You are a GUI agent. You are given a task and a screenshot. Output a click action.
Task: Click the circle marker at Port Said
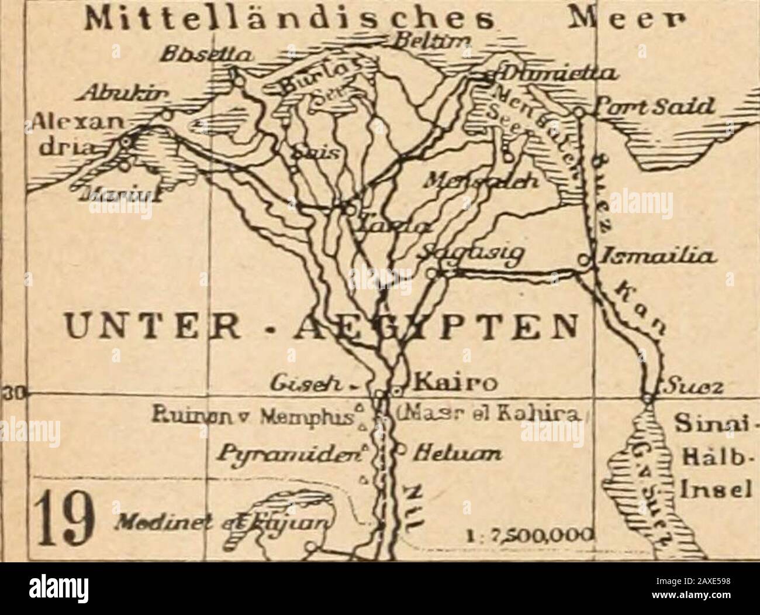(x=576, y=111)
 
